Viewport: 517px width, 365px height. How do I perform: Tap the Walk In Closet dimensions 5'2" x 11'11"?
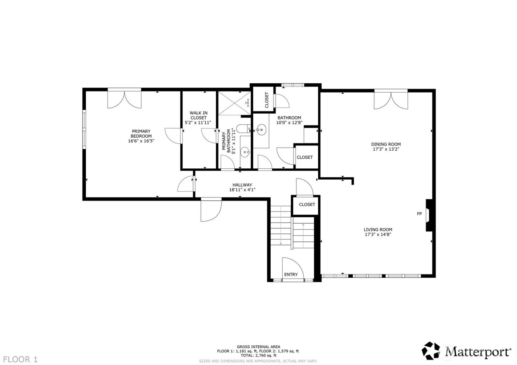point(198,123)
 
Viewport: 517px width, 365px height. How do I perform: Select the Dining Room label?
point(386,144)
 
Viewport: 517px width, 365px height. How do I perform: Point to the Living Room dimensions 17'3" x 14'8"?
point(378,234)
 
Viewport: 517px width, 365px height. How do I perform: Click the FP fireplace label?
point(419,214)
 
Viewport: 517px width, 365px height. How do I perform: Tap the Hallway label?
point(242,185)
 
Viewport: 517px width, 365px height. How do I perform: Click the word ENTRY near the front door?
point(291,274)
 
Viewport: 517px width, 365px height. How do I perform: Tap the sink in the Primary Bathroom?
point(245,151)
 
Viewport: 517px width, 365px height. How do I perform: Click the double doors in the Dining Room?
point(391,100)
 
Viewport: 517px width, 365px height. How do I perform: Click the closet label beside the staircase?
point(307,204)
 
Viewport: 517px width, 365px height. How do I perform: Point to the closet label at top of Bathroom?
point(267,100)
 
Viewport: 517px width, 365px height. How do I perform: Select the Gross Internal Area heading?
point(258,347)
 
